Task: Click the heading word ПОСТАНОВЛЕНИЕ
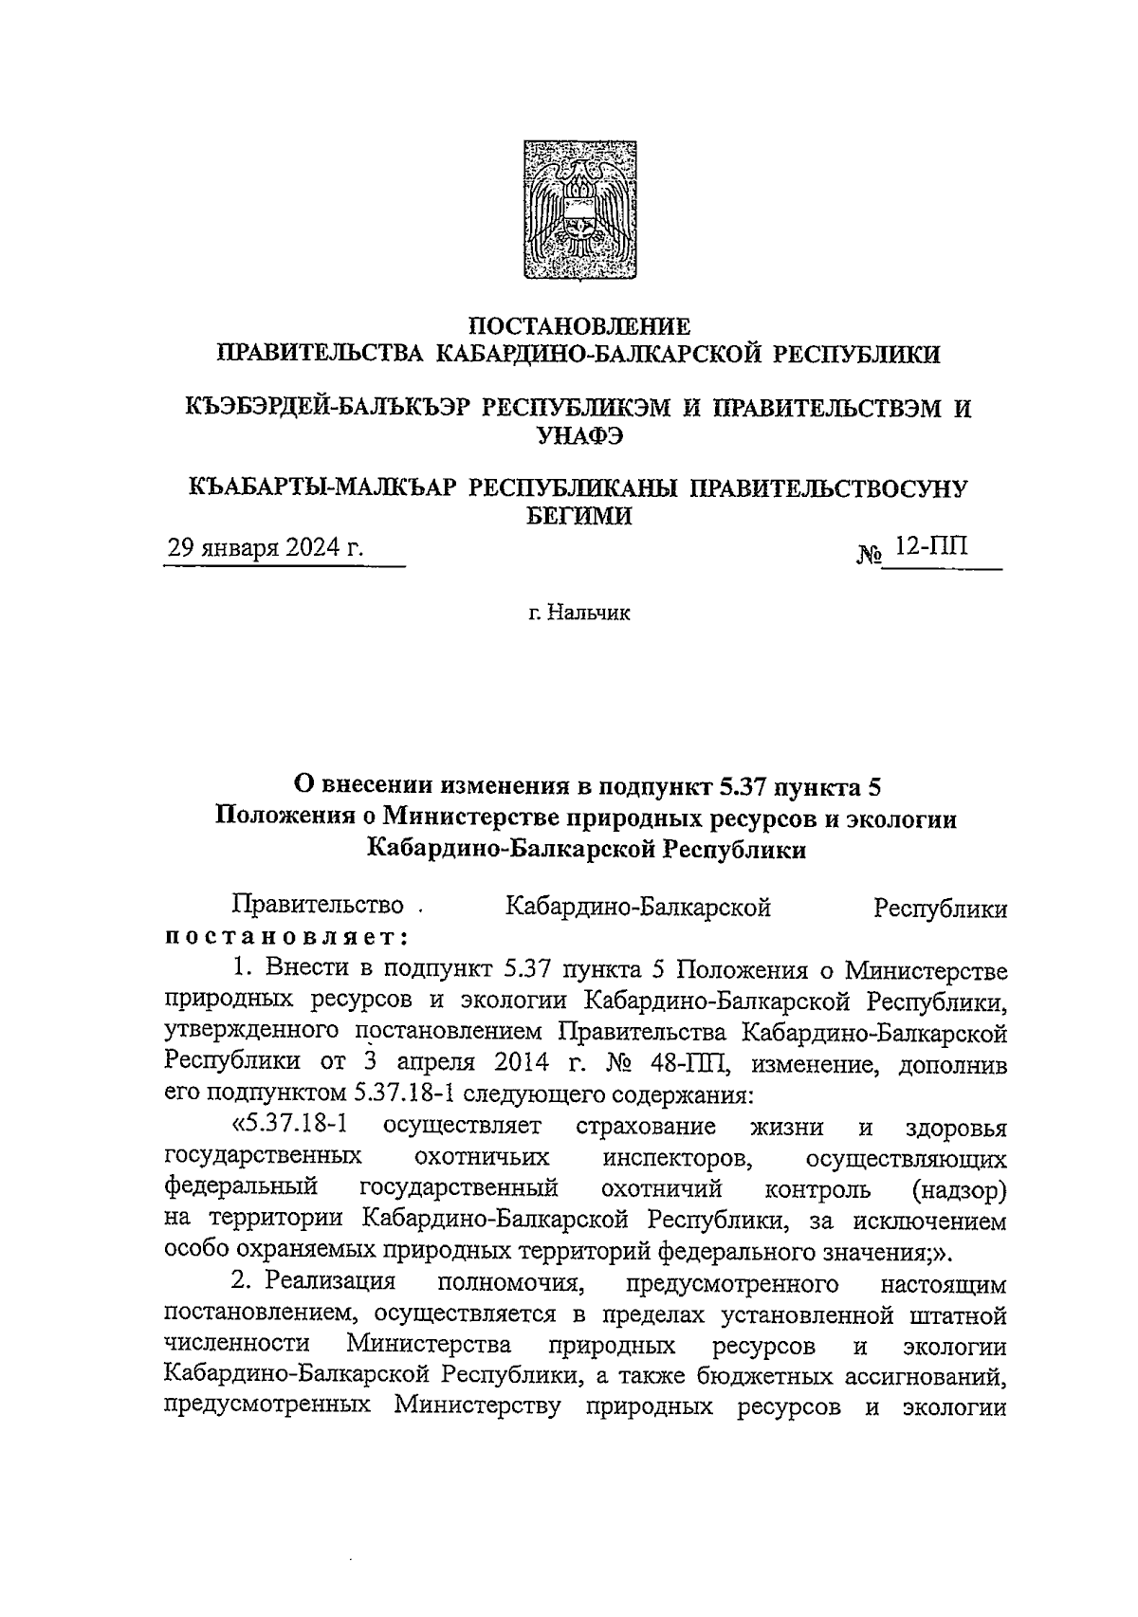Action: pyautogui.click(x=580, y=326)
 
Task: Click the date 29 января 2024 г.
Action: pyautogui.click(x=266, y=548)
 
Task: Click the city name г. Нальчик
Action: pyautogui.click(x=579, y=614)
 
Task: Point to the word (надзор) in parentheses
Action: pyautogui.click(x=958, y=1188)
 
